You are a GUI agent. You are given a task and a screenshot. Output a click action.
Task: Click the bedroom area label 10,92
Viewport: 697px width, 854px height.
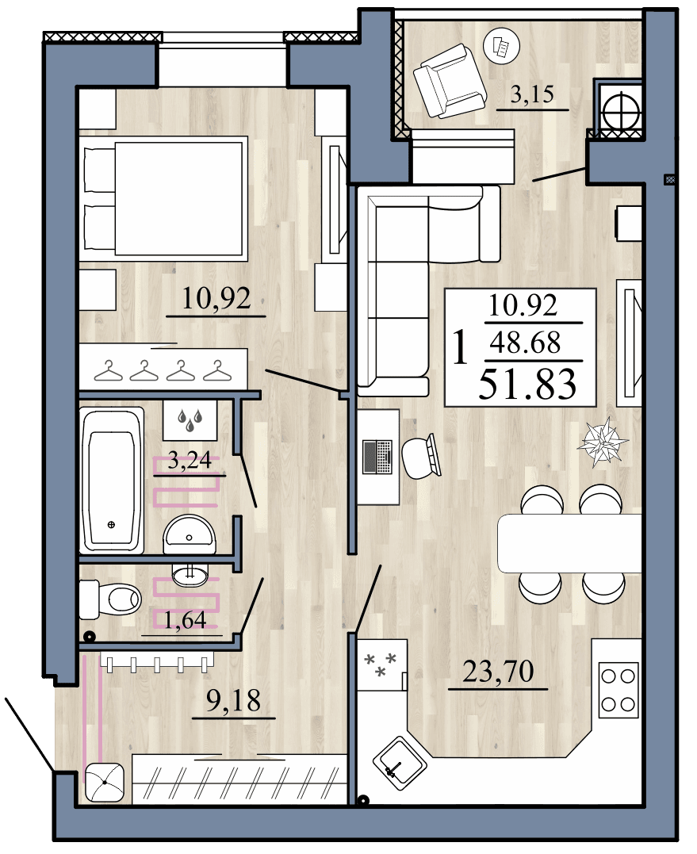216,299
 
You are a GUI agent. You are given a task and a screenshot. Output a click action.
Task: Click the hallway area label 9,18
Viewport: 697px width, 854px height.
234,700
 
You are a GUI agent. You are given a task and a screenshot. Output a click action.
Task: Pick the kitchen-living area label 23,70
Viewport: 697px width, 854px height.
498,672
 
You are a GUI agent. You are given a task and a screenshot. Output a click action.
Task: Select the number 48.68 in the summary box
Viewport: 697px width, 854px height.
525,343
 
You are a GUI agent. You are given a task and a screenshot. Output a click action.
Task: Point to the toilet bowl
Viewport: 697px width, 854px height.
113,598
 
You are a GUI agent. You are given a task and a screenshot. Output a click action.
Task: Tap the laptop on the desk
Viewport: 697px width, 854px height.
377,456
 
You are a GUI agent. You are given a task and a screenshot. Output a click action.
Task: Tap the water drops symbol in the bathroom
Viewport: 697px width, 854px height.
190,420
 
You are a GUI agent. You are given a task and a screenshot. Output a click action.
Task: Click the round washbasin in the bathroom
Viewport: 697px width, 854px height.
190,535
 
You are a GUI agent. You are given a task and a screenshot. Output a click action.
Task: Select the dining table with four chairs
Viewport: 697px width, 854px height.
569,543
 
